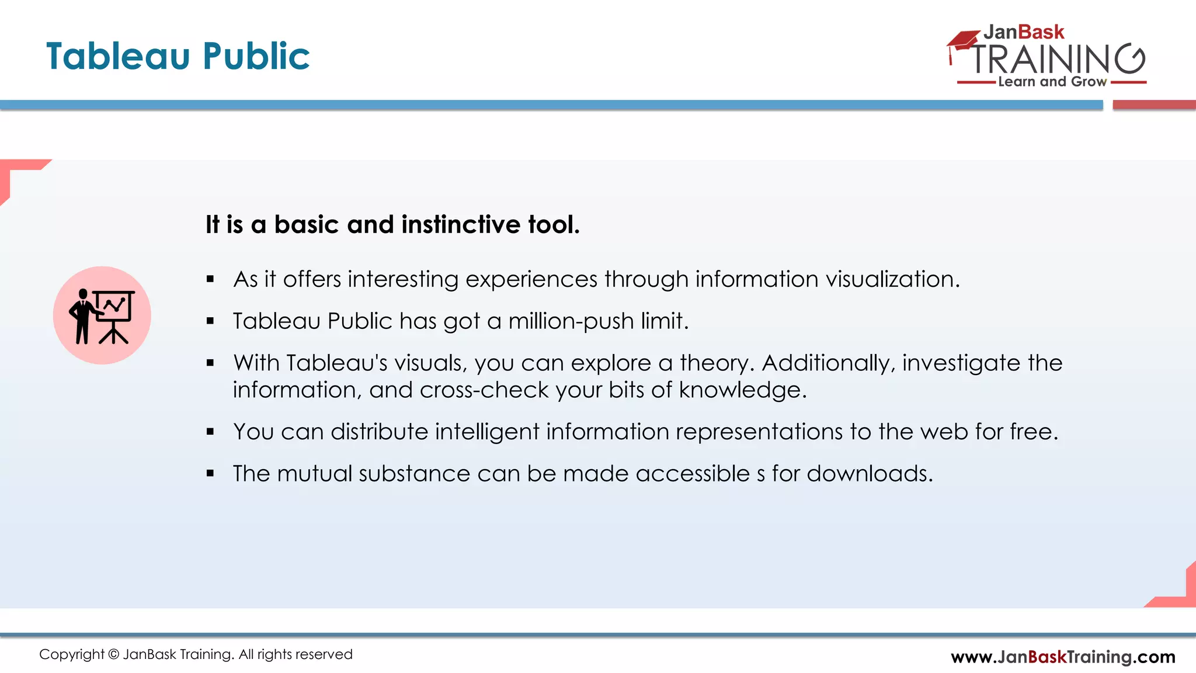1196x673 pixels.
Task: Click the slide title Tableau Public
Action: [x=178, y=56]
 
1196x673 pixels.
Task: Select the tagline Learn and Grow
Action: [x=1052, y=82]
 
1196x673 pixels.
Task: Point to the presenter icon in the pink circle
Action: [x=102, y=315]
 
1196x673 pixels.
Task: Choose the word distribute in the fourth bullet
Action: [x=380, y=432]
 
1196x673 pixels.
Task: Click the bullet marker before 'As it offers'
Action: [x=210, y=280]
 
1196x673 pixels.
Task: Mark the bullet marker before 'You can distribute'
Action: [x=210, y=432]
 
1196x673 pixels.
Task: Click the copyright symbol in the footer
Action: [x=113, y=654]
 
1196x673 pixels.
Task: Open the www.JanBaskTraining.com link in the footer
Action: [x=1063, y=657]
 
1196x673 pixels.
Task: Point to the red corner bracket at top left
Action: [x=18, y=172]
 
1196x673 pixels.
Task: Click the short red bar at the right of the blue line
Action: [x=1154, y=105]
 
